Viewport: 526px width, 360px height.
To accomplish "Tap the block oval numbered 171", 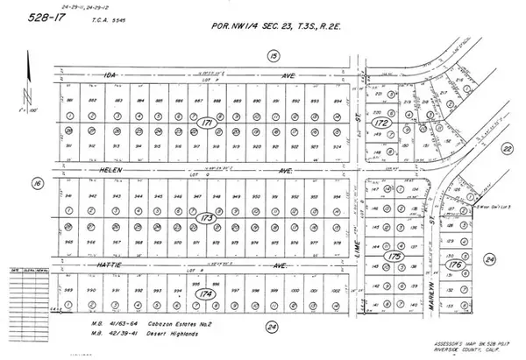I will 206,122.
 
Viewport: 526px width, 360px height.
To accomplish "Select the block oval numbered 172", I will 380,124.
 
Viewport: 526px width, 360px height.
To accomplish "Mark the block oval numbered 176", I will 453,264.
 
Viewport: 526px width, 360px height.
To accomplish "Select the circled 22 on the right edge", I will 507,150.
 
